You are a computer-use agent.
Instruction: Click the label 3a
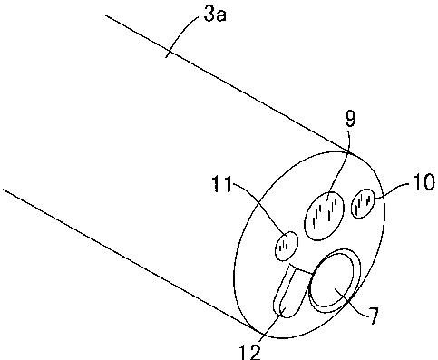pos(215,15)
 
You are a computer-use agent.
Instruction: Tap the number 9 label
pos(351,119)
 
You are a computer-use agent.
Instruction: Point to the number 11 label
pos(222,183)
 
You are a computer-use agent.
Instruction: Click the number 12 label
pos(249,352)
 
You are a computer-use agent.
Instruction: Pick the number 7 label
pos(373,316)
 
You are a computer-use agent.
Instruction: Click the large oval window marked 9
pos(324,216)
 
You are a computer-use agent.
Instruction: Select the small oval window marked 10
pos(363,203)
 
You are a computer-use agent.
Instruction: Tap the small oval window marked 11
pos(287,246)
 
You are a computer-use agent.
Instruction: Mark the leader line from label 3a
pos(180,34)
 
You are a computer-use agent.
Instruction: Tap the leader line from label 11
pos(265,210)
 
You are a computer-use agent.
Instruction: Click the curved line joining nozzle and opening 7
pos(301,268)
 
